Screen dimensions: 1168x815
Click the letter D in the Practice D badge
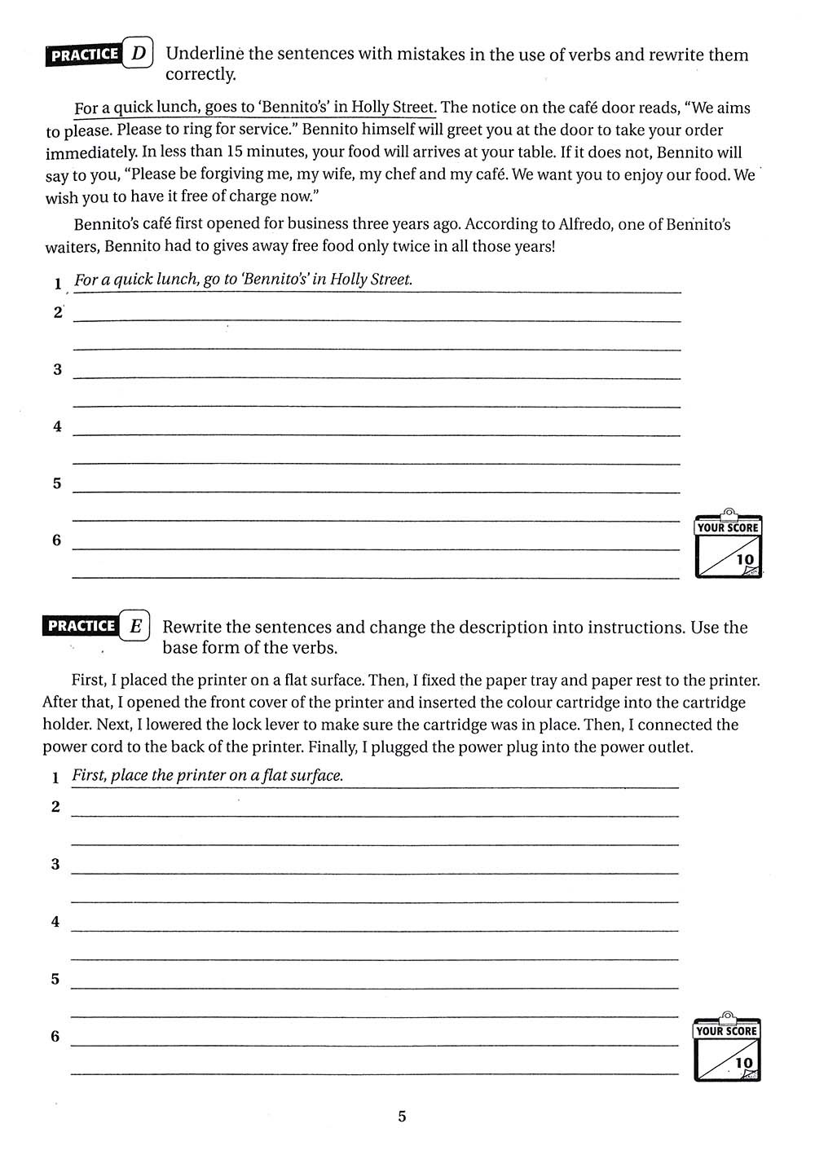point(139,55)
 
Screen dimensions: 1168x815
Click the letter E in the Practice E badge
point(136,626)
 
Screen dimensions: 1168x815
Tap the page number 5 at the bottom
point(402,1116)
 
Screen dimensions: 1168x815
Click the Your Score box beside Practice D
point(728,547)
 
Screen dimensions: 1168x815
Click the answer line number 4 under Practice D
point(57,426)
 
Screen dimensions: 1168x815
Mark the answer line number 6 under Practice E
point(55,1036)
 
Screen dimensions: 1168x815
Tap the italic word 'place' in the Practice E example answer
point(129,775)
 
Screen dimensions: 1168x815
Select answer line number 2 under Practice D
point(57,312)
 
